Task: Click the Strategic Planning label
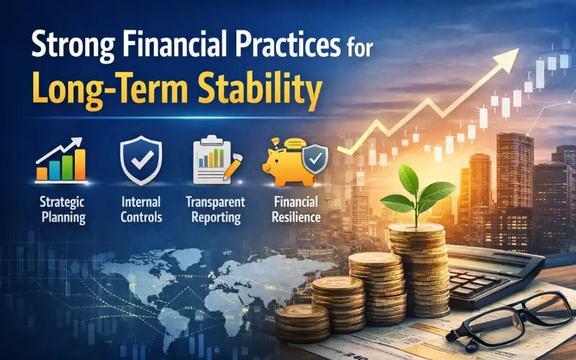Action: coord(60,208)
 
